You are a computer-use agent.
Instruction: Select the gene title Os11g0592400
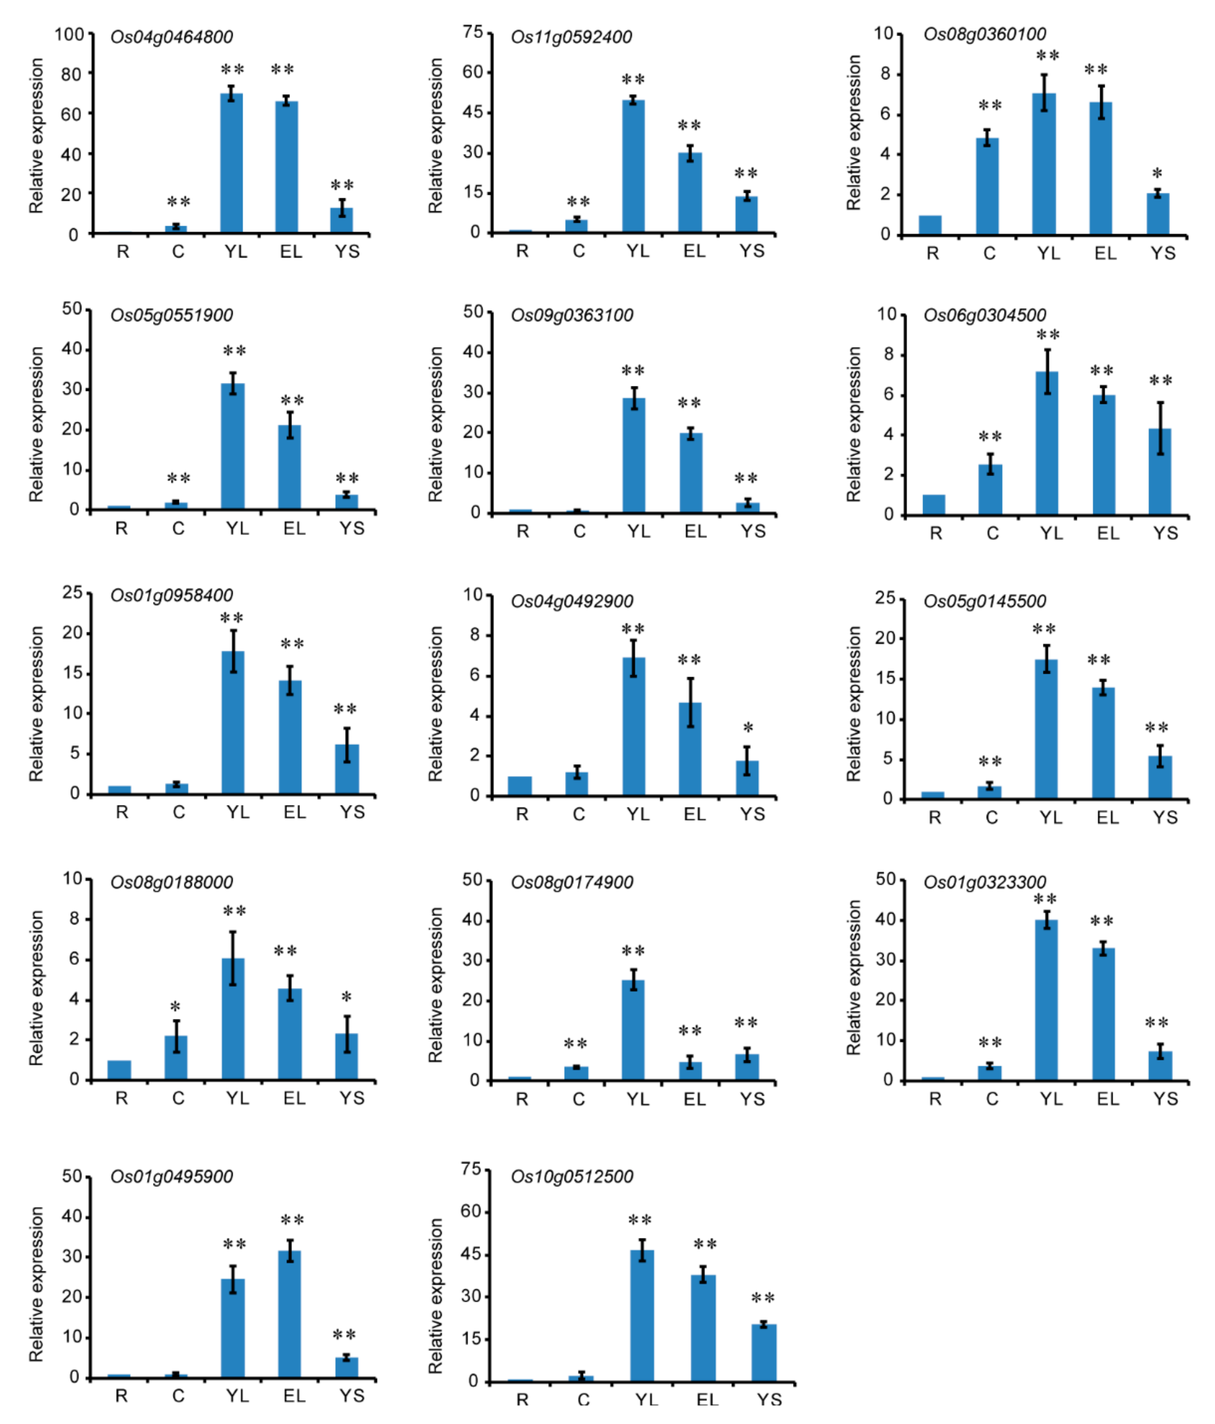pyautogui.click(x=571, y=37)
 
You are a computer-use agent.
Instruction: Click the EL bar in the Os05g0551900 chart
pyautogui.click(x=289, y=467)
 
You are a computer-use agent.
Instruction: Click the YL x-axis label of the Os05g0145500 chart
pyautogui.click(x=1050, y=817)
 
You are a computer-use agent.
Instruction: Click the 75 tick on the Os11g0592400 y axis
pyautogui.click(x=473, y=32)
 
